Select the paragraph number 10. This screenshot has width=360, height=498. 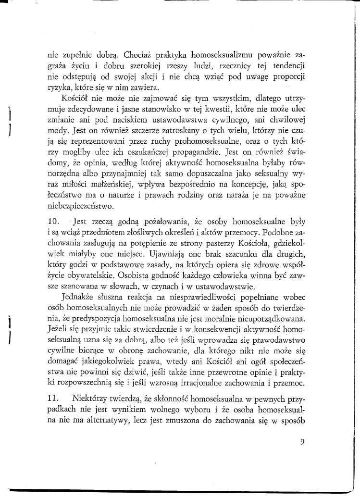click(54, 222)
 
